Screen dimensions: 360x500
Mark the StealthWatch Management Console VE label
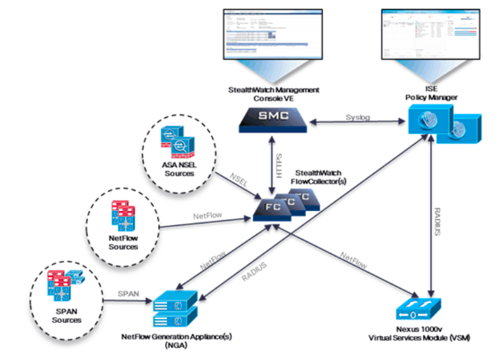click(273, 93)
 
